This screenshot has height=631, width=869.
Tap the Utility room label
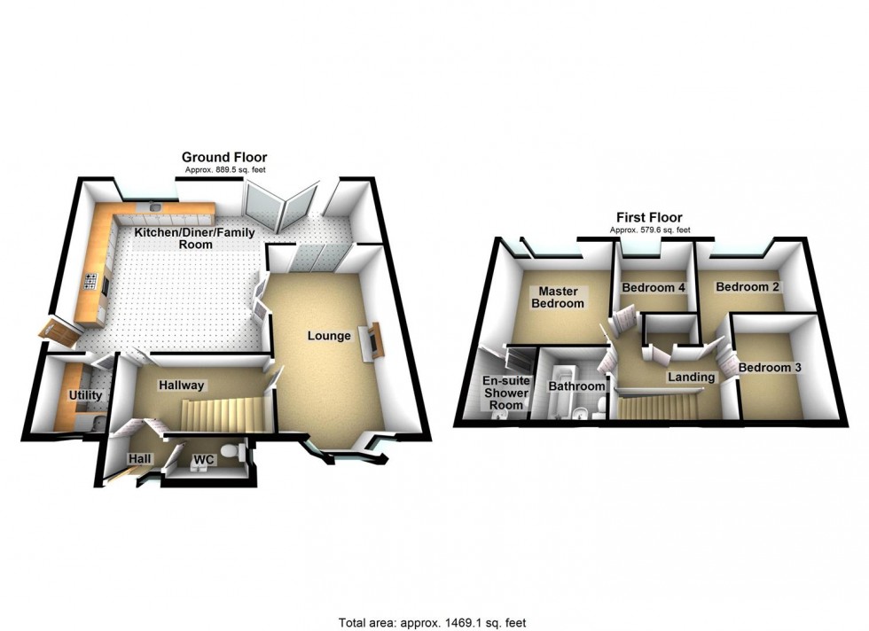pos(85,395)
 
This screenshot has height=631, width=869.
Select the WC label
pos(204,461)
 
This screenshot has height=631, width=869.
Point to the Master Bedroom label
pos(557,297)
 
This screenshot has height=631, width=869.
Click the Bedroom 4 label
pos(654,288)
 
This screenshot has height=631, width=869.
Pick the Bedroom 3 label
pos(770,368)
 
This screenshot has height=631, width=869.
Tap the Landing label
pos(691,378)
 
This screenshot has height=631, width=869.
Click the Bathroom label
pos(576,386)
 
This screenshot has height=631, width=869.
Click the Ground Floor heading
pos(224,157)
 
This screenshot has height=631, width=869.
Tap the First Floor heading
pos(649,217)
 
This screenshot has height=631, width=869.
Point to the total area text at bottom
pos(437,623)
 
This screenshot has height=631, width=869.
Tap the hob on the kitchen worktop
pos(90,283)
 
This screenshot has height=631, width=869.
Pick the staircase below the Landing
pos(657,408)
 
